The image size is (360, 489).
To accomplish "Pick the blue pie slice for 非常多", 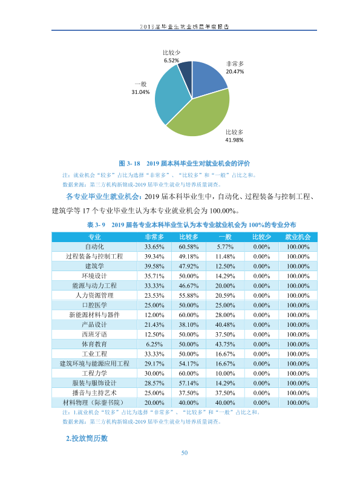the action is tap(208, 78).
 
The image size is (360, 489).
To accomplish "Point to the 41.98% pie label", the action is tap(234, 140).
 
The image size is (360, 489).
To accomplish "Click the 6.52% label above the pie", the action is tap(171, 61).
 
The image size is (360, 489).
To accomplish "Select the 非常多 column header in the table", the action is tap(154, 237).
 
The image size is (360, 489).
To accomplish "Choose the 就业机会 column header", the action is tap(298, 237).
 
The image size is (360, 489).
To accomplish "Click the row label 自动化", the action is tap(94, 247).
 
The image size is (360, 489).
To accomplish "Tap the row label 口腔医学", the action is tap(94, 305).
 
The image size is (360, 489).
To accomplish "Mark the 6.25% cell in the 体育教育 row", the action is tap(154, 344).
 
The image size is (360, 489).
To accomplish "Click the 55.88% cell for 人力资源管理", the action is tap(189, 295).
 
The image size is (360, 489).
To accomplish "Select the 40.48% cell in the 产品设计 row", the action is tap(225, 324).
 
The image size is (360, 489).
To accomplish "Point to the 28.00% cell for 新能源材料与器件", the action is tap(225, 315).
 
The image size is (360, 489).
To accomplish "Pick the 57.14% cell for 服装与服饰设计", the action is tap(189, 383).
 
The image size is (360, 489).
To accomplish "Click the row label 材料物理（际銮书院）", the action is tap(94, 402).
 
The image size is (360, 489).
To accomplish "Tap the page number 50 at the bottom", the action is tap(185, 453).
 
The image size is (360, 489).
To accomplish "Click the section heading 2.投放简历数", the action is tap(87, 439).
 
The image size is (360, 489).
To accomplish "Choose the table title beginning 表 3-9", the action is tap(191, 225).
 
